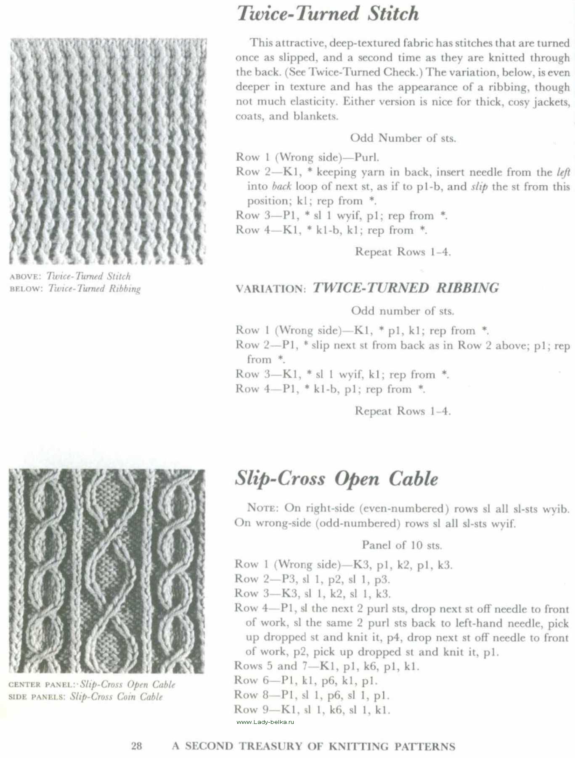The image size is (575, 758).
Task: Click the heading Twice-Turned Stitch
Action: [328, 13]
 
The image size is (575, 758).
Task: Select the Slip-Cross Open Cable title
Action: [336, 479]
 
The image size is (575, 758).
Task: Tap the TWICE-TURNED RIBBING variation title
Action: [405, 288]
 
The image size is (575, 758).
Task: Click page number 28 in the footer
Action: [137, 746]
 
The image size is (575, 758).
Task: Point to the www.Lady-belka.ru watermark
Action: [265, 722]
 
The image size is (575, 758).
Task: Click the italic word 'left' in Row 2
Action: [563, 172]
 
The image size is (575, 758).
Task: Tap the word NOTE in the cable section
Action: [262, 508]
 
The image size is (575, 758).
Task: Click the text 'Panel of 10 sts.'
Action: [402, 545]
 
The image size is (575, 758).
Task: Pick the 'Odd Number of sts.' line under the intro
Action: [403, 138]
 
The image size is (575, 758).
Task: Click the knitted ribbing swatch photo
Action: [108, 152]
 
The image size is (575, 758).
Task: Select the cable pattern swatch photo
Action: [107, 571]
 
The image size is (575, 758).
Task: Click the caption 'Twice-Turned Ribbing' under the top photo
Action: [94, 289]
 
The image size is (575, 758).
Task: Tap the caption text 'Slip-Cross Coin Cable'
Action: [116, 697]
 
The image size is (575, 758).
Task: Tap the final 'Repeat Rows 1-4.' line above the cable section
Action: [403, 411]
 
